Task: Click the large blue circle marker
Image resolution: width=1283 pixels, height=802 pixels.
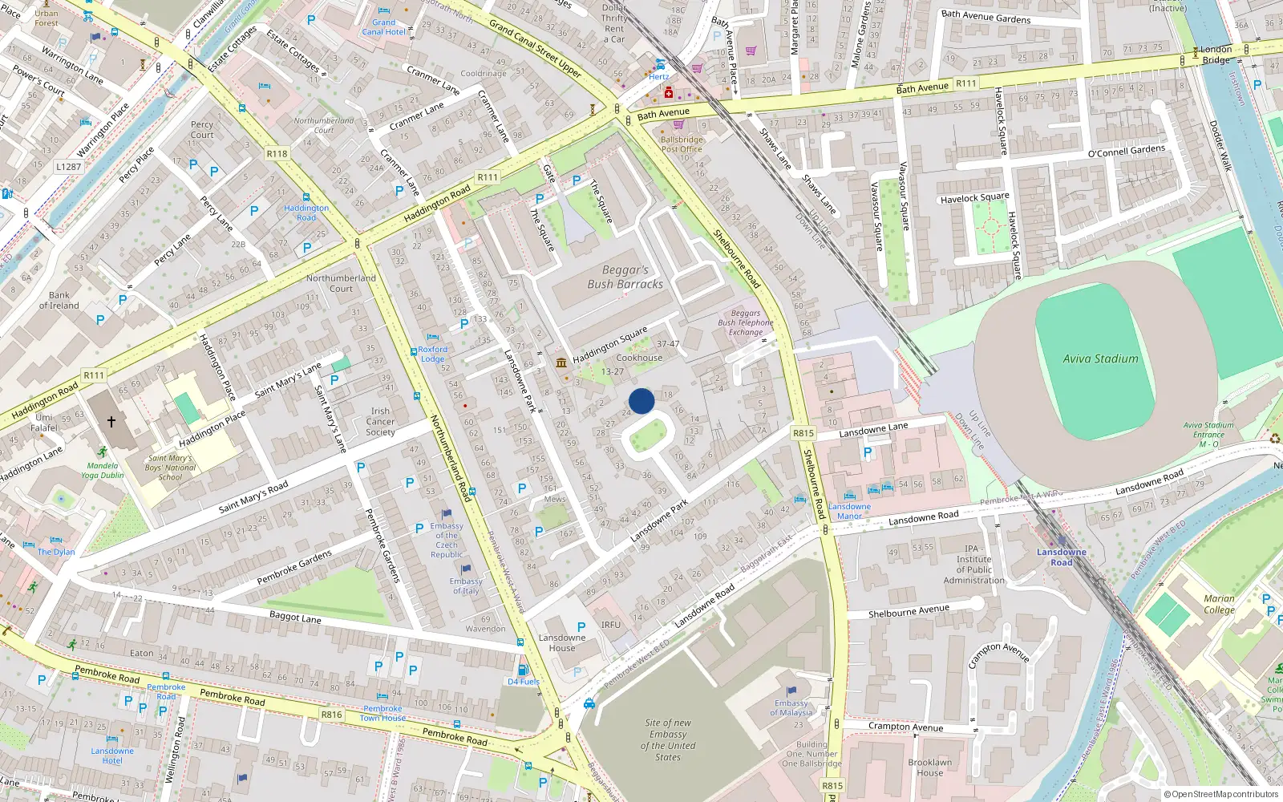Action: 641,401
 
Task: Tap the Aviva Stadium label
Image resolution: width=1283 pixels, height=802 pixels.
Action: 1100,359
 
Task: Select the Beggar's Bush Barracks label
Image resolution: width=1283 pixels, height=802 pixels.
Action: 625,277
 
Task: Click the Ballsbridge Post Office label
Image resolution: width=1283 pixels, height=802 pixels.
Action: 682,144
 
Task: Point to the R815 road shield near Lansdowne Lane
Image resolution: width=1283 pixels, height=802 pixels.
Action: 803,433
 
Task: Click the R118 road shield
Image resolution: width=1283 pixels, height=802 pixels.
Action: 277,153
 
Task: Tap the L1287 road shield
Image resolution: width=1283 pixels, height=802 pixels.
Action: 68,167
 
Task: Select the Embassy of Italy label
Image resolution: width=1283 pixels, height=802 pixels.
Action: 466,586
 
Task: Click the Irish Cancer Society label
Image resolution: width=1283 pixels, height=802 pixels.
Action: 380,421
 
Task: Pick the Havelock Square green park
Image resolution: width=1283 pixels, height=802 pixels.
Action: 991,228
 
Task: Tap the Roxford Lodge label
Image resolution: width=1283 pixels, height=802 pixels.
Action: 432,354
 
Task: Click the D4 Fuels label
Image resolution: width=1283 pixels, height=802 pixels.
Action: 524,682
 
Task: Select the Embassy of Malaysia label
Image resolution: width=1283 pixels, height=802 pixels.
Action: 791,707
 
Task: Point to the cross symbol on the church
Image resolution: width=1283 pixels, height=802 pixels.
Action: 111,421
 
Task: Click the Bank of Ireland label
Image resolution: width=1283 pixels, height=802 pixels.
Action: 59,300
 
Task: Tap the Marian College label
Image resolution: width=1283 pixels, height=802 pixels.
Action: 1219,604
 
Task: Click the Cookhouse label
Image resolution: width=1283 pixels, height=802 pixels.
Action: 639,358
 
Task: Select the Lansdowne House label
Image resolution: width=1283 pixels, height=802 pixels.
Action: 562,643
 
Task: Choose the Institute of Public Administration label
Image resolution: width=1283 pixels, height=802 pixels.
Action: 973,565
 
